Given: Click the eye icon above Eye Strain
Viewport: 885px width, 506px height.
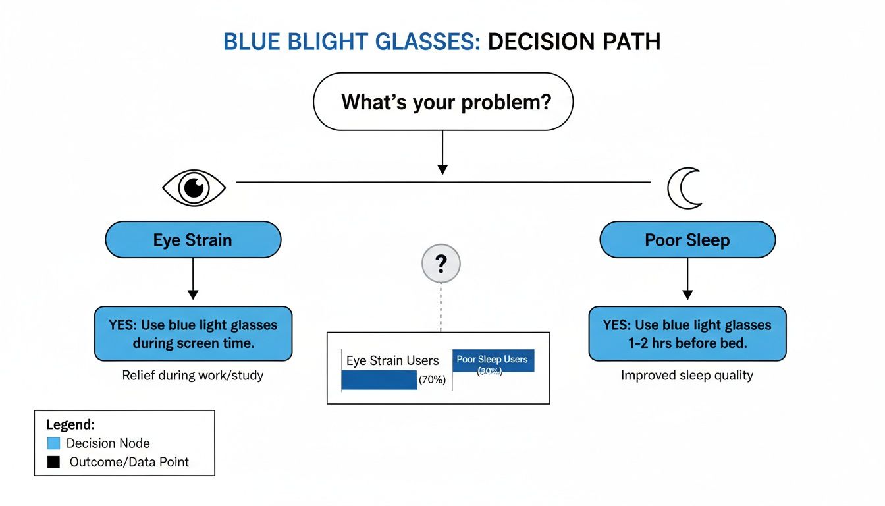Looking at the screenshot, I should [x=194, y=188].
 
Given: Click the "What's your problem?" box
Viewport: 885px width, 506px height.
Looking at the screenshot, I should [x=443, y=102].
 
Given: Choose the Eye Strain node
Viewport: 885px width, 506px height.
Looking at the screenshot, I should [x=193, y=240].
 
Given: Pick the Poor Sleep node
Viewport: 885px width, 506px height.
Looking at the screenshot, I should [x=687, y=240].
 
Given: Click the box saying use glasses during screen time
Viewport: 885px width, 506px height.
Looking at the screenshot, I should [x=193, y=333].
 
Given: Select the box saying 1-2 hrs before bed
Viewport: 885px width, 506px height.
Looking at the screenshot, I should [x=687, y=333].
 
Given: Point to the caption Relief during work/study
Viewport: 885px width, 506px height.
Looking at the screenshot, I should [x=193, y=376].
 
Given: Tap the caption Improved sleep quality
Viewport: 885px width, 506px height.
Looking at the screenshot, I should [x=687, y=376].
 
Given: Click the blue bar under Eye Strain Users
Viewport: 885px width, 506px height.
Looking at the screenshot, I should [x=379, y=380].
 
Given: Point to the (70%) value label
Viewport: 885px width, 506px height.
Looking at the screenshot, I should [x=433, y=380].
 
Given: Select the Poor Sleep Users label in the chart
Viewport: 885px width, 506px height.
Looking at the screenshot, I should [x=493, y=359].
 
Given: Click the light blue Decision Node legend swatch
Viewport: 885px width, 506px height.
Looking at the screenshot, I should [x=54, y=443].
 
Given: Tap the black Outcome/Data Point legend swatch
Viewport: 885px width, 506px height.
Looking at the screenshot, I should [x=54, y=463].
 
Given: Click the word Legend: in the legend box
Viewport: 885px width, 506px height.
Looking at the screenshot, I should [x=70, y=425].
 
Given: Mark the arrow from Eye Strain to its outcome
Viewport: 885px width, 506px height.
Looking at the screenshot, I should [x=193, y=279].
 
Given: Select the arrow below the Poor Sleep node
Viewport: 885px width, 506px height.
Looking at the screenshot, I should [x=687, y=279].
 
